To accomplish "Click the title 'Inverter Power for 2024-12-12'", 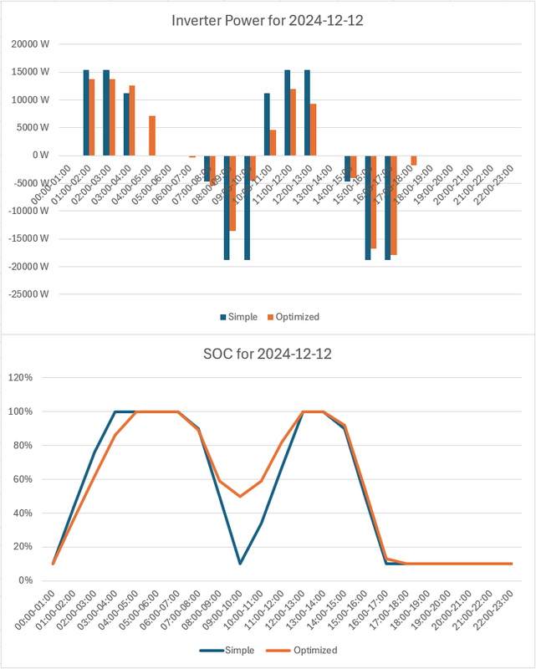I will coord(268,20).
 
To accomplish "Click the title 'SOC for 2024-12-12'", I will coord(268,354).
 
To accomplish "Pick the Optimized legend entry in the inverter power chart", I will coord(294,317).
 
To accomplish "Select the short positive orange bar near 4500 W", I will coord(273,143).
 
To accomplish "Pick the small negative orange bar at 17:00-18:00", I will coord(414,160).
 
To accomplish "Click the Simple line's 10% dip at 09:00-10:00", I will coord(240,564).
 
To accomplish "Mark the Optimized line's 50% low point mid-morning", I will coord(240,497).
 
